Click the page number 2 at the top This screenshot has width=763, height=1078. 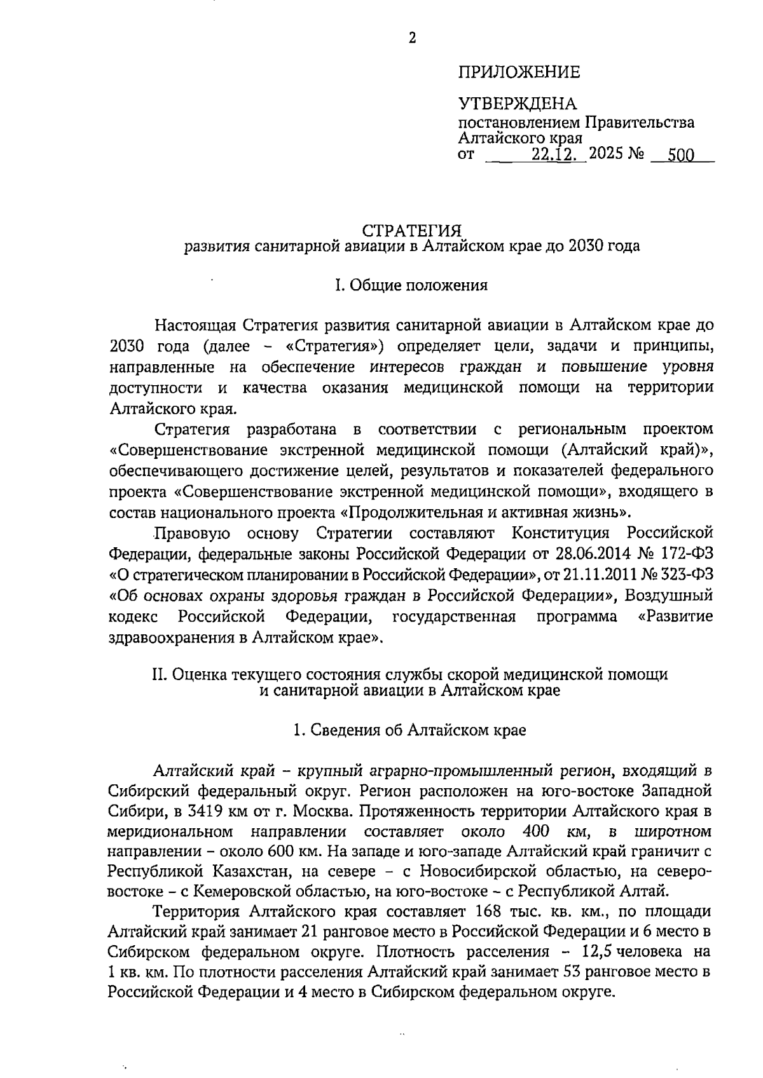point(412,39)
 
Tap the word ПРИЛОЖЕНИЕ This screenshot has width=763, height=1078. point(519,72)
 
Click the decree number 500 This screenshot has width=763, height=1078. point(680,156)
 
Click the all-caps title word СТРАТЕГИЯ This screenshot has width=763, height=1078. point(411,230)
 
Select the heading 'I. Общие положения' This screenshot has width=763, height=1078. point(411,285)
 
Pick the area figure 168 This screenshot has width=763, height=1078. point(488,912)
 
